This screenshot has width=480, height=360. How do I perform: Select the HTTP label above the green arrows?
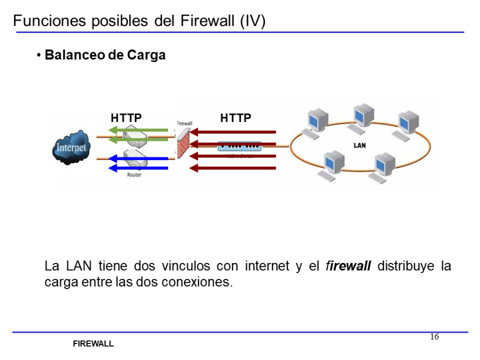click(126, 118)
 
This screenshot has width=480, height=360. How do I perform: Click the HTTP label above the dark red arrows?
click(236, 118)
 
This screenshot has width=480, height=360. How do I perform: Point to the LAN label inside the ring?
click(360, 145)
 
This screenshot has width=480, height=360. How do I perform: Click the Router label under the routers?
click(134, 175)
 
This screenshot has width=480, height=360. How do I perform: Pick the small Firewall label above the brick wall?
click(184, 123)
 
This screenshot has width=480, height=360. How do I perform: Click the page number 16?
click(434, 337)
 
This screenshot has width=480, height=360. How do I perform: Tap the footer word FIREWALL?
click(93, 344)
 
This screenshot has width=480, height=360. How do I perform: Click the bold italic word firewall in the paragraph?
click(348, 266)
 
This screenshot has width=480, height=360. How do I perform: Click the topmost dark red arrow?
click(233, 132)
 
